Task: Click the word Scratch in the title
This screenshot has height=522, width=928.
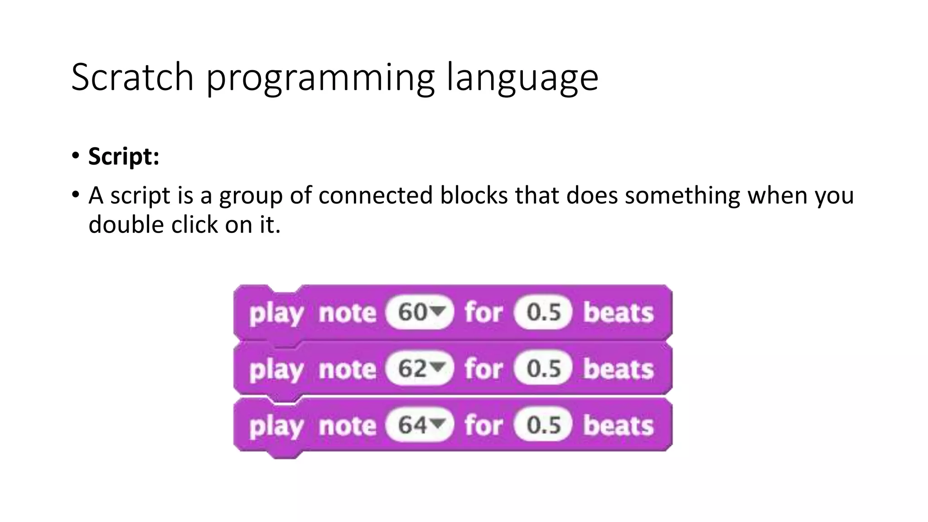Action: pyautogui.click(x=132, y=77)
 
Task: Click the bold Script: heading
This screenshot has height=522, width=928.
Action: pyautogui.click(x=124, y=156)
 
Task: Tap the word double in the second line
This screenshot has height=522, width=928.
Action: pyautogui.click(x=126, y=224)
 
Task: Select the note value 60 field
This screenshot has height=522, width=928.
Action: pyautogui.click(x=412, y=312)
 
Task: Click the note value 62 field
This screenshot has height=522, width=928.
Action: pyautogui.click(x=412, y=368)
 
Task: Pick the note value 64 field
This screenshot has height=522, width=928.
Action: pyautogui.click(x=412, y=425)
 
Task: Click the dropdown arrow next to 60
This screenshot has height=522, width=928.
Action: pyautogui.click(x=438, y=312)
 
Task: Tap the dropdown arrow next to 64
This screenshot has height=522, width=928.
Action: pyautogui.click(x=438, y=424)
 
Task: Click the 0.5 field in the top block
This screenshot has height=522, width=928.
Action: pyautogui.click(x=543, y=312)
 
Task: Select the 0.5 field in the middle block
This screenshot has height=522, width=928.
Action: pyautogui.click(x=543, y=368)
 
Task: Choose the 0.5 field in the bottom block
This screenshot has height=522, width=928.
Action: pyautogui.click(x=543, y=425)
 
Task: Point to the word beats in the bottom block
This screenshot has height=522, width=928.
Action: pyautogui.click(x=619, y=425)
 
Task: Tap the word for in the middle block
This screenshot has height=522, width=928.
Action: pyautogui.click(x=483, y=369)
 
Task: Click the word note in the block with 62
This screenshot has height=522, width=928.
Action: pyautogui.click(x=347, y=369)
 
